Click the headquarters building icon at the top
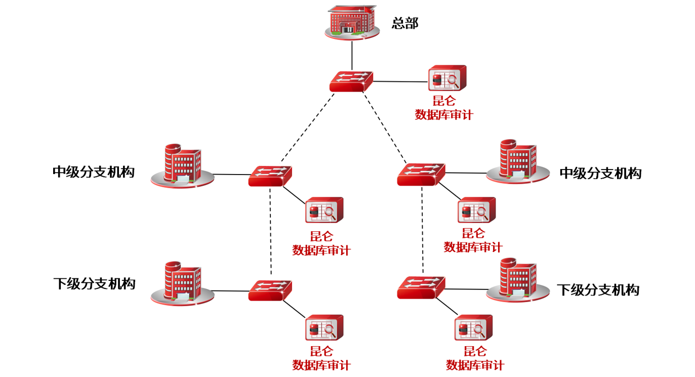coord(352,23)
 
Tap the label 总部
coord(405,23)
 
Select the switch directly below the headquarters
coord(351,81)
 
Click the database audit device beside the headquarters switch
coord(447,79)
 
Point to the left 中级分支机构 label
coord(94,172)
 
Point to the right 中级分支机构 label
coord(600,174)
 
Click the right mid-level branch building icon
coord(518,161)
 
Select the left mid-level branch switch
coord(270,176)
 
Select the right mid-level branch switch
coord(421,174)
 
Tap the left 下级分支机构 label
coord(94,283)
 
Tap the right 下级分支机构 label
coord(598,290)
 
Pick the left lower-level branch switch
coord(270,290)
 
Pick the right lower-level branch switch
coord(421,287)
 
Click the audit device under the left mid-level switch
coord(324,211)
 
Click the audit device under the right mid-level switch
coord(476,211)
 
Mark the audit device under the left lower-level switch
coord(324,328)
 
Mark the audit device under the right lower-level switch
coord(473,328)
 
